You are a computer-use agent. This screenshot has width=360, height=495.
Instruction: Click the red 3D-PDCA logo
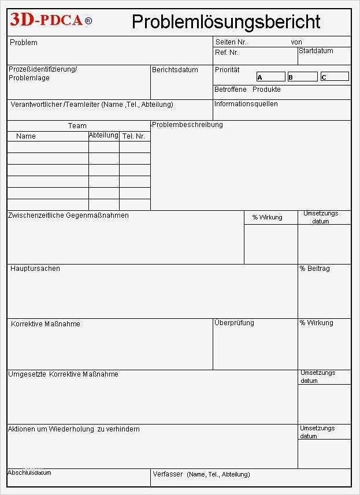50,21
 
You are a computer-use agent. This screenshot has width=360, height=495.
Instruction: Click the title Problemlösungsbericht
225,22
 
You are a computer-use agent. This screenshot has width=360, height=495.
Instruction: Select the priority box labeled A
271,77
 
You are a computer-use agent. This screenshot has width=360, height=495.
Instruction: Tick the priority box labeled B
303,77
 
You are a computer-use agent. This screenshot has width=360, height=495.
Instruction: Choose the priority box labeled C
335,77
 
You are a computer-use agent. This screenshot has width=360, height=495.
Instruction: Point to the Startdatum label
316,51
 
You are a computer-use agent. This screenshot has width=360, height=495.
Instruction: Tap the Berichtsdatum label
175,70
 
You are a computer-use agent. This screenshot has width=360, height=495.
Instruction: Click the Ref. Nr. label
227,53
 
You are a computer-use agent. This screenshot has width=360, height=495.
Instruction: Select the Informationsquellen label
246,104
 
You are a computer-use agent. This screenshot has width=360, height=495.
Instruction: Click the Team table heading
77,125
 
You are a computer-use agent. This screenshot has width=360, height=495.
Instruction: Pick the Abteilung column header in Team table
103,135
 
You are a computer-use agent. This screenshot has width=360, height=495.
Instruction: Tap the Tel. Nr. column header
133,136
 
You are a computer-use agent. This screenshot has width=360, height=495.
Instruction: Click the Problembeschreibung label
187,125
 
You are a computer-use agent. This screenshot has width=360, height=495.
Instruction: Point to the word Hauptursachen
35,269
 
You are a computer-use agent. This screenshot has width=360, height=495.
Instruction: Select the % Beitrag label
314,269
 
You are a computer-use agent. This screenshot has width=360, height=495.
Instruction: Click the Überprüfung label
234,323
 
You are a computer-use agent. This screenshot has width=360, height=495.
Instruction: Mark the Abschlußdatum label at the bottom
29,472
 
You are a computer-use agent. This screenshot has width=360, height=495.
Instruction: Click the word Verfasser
168,474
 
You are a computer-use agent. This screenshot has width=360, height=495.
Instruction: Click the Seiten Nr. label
231,42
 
